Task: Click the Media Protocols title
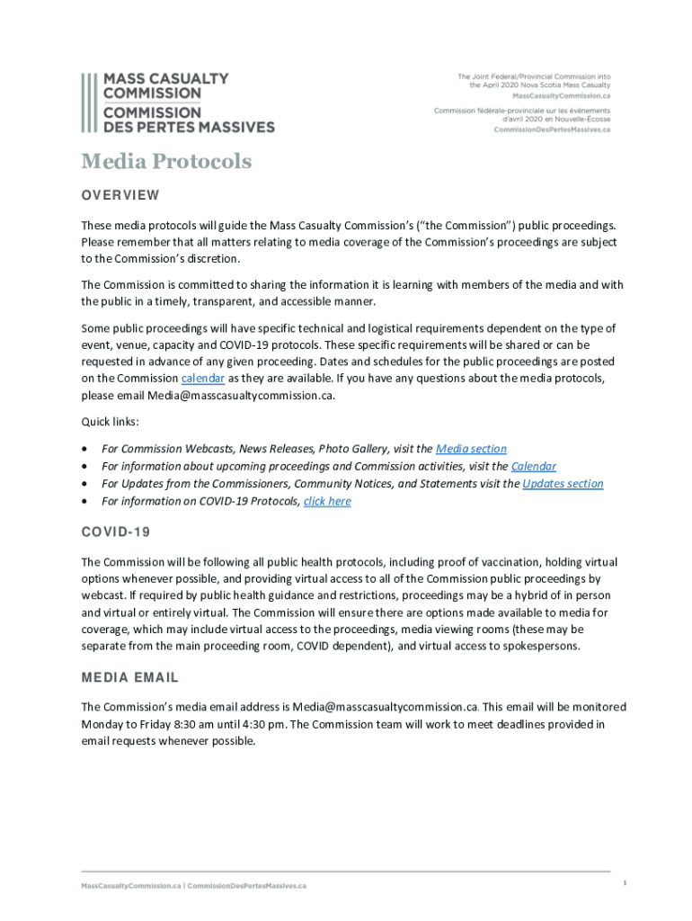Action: coord(166,162)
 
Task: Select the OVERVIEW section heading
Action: coord(120,195)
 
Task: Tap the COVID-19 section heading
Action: coord(116,532)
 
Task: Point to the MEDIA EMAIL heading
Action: coord(130,677)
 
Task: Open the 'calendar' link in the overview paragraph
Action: coord(203,379)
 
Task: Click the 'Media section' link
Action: coord(471,449)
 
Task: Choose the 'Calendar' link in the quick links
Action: coord(534,466)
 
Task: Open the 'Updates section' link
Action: coord(563,484)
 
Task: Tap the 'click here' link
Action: coord(327,501)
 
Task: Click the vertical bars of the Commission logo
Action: coord(87,103)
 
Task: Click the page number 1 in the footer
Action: coord(624,883)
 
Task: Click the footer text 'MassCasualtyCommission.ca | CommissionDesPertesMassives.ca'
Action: coord(193,886)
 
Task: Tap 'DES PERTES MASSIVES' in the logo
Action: coord(189,127)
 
